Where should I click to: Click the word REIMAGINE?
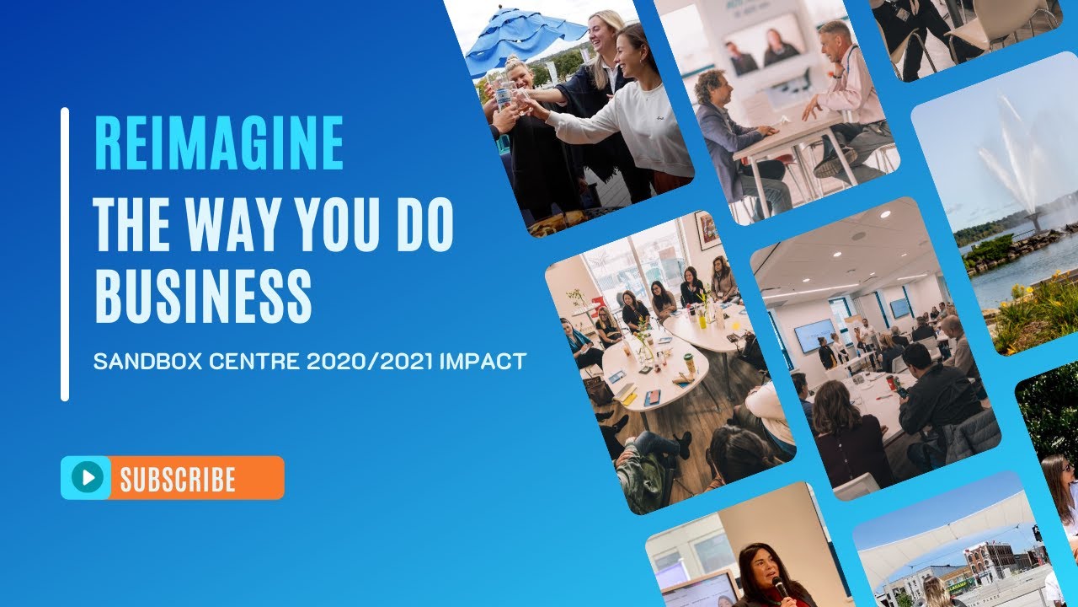[219, 143]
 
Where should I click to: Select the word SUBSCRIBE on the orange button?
[177, 479]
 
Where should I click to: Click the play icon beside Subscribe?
[85, 478]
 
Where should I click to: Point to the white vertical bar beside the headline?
[65, 254]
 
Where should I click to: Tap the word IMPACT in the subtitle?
[483, 362]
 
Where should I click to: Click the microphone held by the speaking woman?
[779, 585]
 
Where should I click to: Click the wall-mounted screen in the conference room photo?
[814, 335]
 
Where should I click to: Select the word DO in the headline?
[424, 226]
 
